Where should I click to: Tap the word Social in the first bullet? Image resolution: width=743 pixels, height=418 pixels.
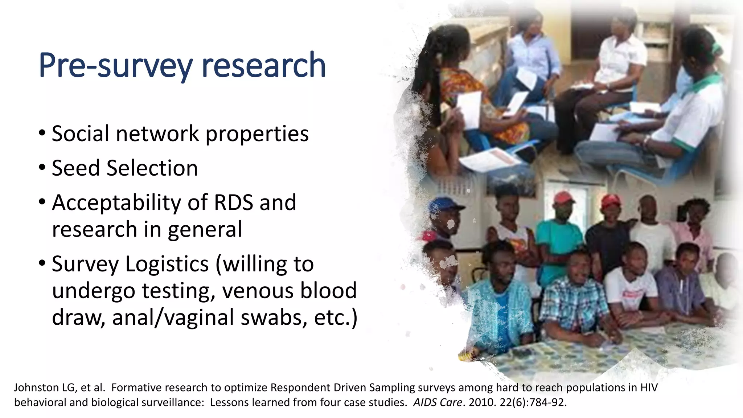click(80, 134)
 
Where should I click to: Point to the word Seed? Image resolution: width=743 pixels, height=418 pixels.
click(75, 168)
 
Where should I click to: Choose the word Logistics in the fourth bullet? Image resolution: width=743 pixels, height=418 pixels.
click(167, 264)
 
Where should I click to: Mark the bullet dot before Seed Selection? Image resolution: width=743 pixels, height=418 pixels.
click(42, 168)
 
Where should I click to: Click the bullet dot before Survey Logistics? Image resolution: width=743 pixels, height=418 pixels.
click(42, 263)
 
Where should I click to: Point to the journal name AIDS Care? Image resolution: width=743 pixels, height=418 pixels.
click(438, 402)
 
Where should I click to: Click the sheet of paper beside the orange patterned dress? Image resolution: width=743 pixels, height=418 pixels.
click(470, 109)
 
